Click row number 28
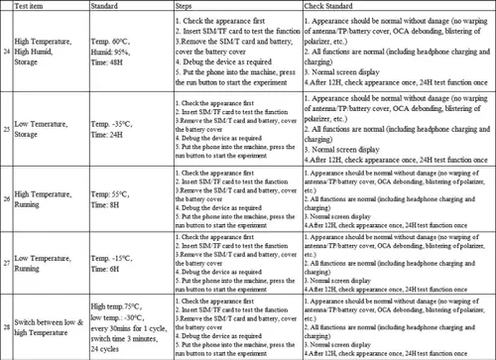click(x=9, y=325)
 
